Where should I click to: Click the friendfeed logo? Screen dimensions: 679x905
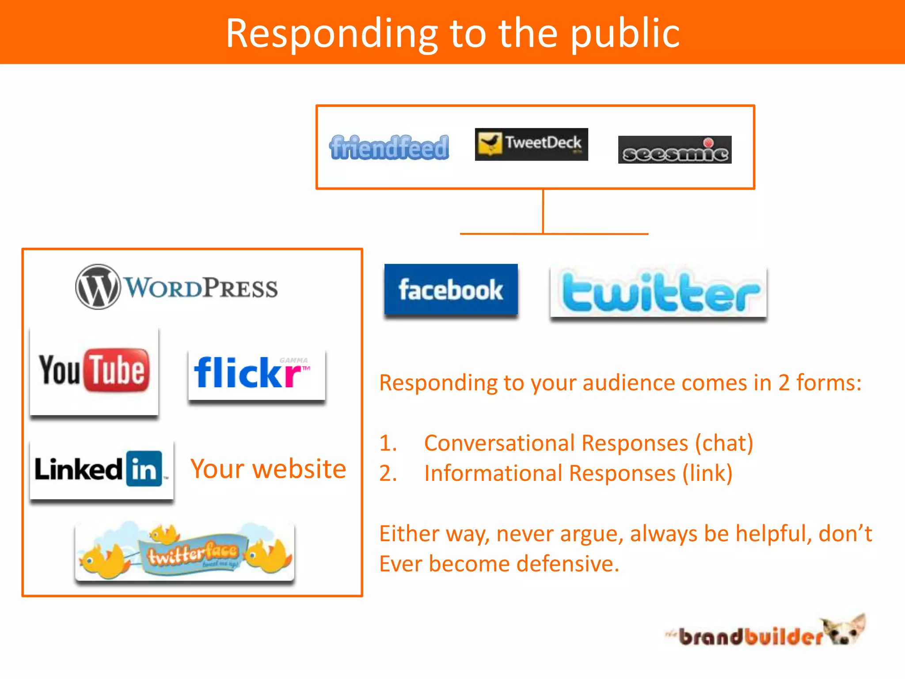[x=389, y=147]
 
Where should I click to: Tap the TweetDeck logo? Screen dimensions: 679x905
[x=531, y=144]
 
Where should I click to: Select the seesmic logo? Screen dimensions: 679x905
[x=674, y=150]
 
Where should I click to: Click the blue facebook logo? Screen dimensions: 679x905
[x=451, y=290]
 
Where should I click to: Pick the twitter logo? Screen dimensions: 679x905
[x=658, y=292]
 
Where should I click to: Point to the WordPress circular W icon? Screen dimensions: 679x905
[x=98, y=287]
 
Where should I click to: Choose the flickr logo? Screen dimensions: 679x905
[x=256, y=374]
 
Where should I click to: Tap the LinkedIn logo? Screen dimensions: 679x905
[x=101, y=469]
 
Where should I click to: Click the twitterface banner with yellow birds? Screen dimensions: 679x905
[x=185, y=551]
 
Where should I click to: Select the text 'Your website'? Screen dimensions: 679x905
[x=268, y=469]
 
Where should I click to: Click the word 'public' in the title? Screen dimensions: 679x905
[x=625, y=34]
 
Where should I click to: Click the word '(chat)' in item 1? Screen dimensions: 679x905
[x=724, y=443]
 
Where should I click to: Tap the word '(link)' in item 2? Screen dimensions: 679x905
[x=707, y=473]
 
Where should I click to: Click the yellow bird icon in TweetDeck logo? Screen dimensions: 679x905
[x=490, y=143]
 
